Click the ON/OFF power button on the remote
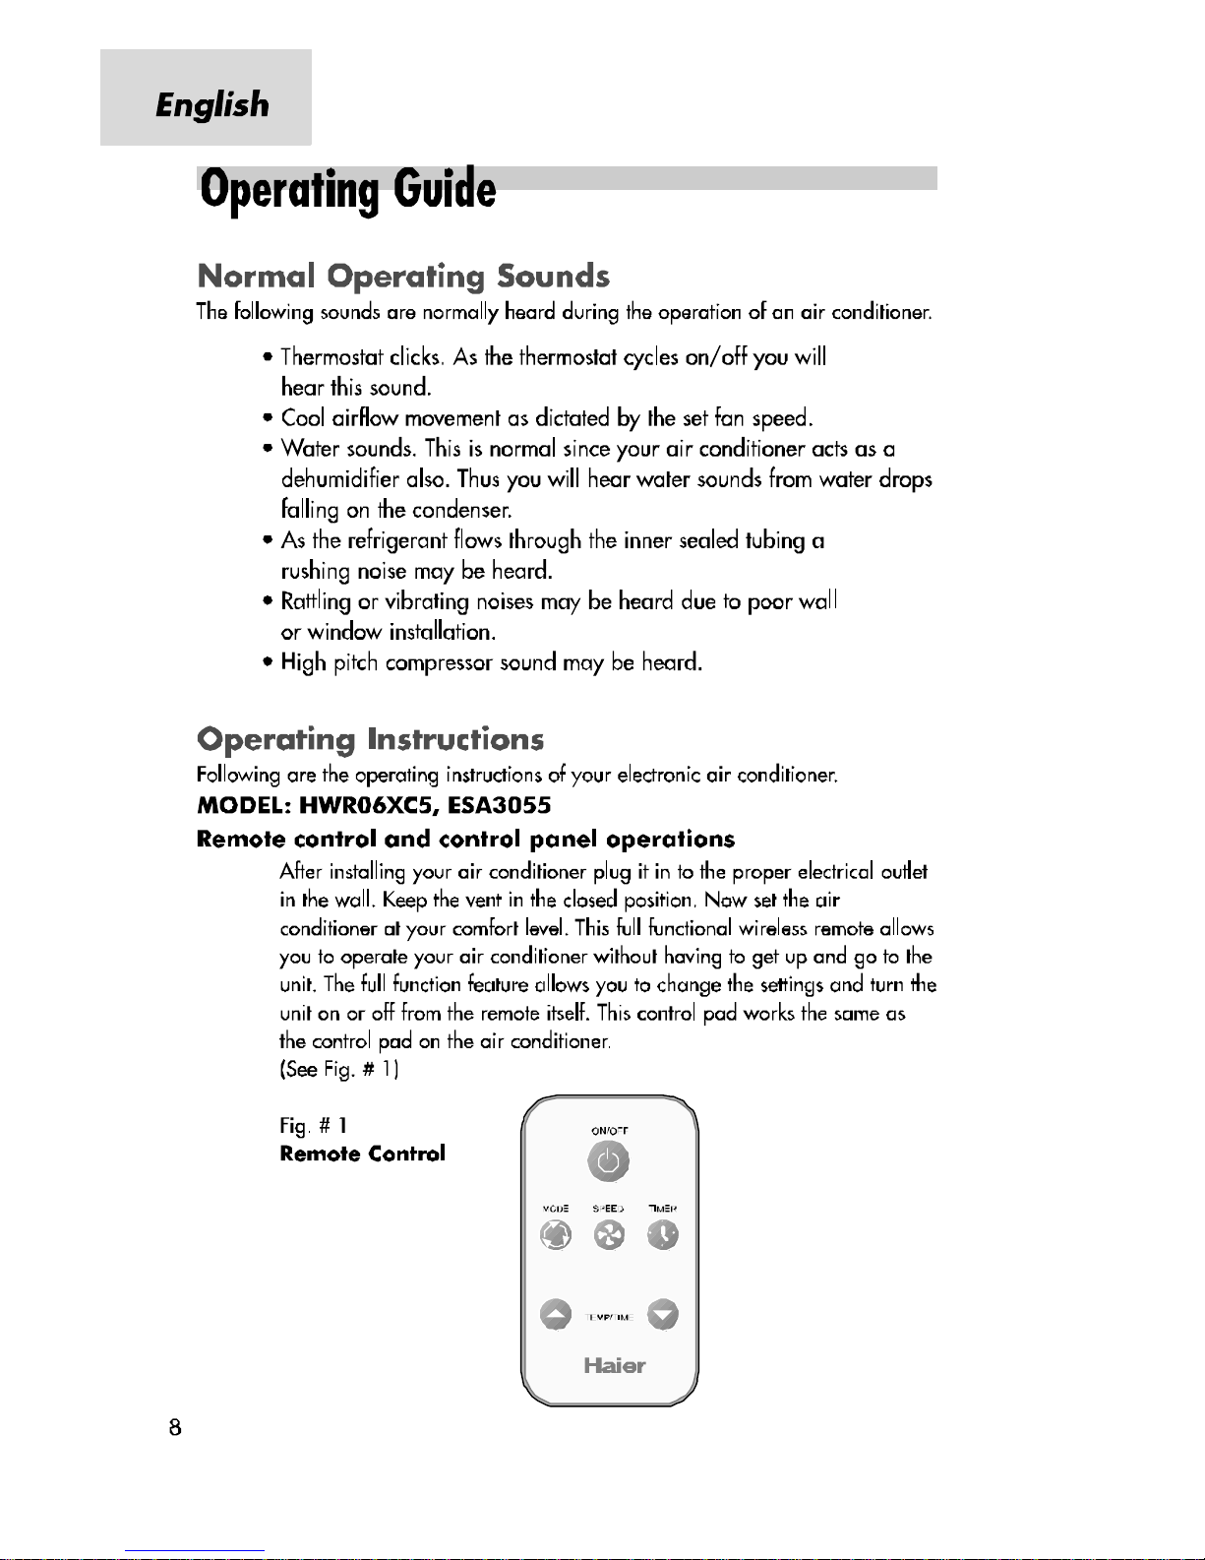pos(609,1162)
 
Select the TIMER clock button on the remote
pos(663,1234)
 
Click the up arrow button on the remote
pos(556,1315)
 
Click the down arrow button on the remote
pos(664,1315)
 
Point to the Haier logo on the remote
pos(614,1365)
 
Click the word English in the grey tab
pos(211,104)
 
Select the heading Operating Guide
pos(348,190)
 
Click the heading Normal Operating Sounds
pos(403,276)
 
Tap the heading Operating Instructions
pos(370,739)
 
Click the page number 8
pos(175,1427)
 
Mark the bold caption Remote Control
pos(362,1154)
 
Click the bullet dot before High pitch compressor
pos(267,663)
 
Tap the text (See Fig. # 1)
pos(338,1070)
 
